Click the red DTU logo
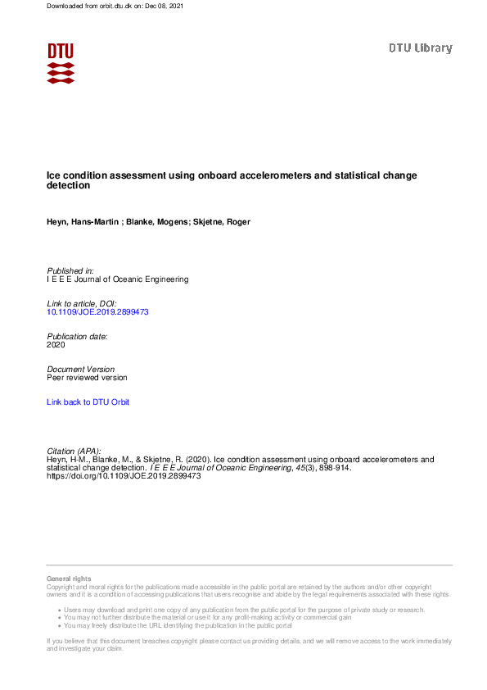tap(61, 63)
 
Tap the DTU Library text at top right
tap(420, 48)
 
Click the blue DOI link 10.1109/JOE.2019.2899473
tap(97, 312)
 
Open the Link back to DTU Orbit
tap(88, 402)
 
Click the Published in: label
tap(70, 270)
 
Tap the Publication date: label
tap(77, 336)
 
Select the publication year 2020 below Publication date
tap(56, 345)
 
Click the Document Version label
tap(81, 370)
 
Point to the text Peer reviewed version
tap(87, 378)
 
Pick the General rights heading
tap(69, 579)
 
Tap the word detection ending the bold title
tap(69, 186)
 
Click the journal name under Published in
tap(118, 279)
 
